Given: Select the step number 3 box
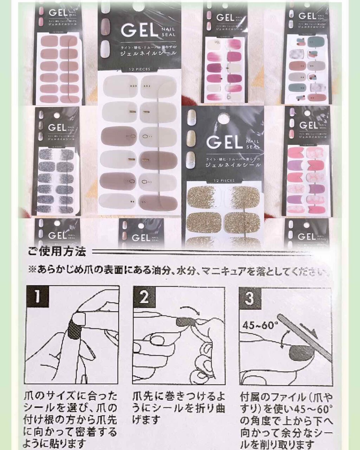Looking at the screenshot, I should (249, 298).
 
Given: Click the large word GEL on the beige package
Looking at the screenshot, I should (138, 30).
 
